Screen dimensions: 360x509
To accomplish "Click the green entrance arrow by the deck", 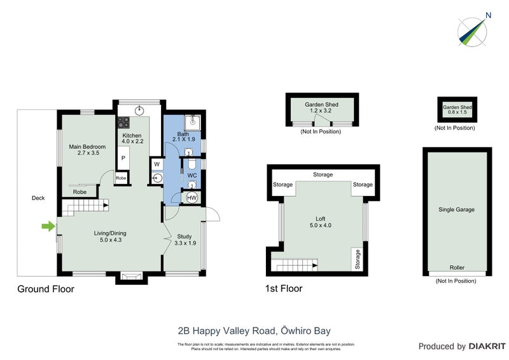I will [x=47, y=225].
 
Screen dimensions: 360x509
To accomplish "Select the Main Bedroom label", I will [x=87, y=150].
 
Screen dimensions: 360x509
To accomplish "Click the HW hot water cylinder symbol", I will [x=192, y=198].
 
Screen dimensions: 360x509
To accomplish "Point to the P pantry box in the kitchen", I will [x=123, y=157].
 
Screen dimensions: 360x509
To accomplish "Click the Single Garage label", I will [x=456, y=209].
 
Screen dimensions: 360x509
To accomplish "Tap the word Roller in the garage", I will [x=457, y=268].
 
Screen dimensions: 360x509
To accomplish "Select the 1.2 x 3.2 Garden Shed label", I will [x=321, y=107].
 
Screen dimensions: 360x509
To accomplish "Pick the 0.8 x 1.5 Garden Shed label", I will [x=457, y=111].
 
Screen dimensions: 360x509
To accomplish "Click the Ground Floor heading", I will [x=46, y=289].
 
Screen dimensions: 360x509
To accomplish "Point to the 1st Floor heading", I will [x=284, y=289].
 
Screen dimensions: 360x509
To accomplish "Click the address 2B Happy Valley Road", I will [x=254, y=331].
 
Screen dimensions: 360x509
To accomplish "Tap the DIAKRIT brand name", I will [x=487, y=347].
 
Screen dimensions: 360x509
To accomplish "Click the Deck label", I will [x=38, y=198].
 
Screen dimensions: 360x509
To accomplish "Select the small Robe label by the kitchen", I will [x=121, y=179].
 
